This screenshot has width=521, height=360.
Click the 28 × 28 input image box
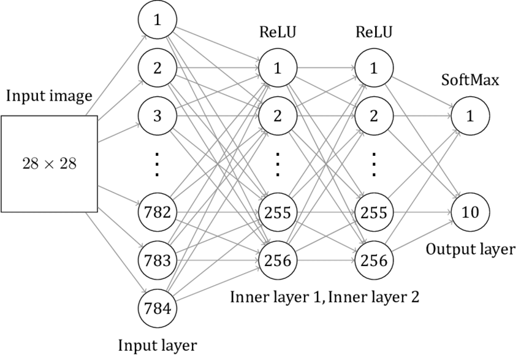point(49,164)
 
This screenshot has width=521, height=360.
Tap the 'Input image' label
point(49,97)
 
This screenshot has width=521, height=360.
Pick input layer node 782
point(158,212)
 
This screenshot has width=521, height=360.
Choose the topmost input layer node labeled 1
point(158,21)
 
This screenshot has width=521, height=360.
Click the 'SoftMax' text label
point(471,80)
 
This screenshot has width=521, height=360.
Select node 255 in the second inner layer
point(374,212)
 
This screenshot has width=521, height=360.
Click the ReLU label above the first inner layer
point(278,32)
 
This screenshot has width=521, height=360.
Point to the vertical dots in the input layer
point(158,164)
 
